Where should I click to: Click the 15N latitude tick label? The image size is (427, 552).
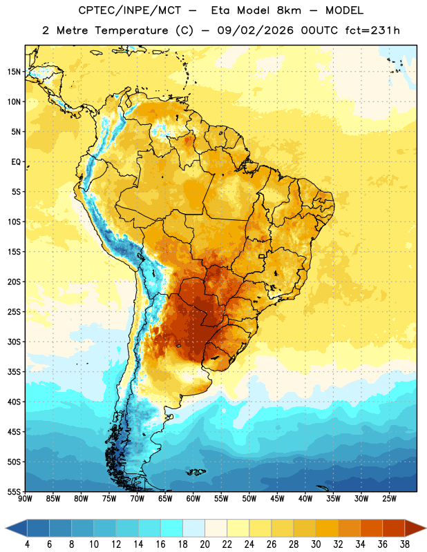pyautogui.click(x=14, y=72)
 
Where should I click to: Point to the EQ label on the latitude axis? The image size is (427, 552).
pyautogui.click(x=16, y=162)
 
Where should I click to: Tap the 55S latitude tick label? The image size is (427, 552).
pyautogui.click(x=14, y=491)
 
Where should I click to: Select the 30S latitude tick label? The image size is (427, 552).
pyautogui.click(x=14, y=342)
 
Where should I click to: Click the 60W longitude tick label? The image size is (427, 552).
pyautogui.click(x=193, y=499)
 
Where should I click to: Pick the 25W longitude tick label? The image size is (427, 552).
pyautogui.click(x=389, y=499)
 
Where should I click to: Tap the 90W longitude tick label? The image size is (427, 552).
pyautogui.click(x=25, y=499)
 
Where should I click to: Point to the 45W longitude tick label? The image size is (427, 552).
pyautogui.click(x=278, y=499)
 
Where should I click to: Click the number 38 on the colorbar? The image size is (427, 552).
pyautogui.click(x=404, y=544)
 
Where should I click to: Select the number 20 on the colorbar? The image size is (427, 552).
pyautogui.click(x=205, y=544)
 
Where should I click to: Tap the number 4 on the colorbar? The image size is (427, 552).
pyautogui.click(x=27, y=544)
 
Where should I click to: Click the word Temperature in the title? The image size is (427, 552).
pyautogui.click(x=131, y=30)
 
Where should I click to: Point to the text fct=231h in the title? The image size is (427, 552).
pyautogui.click(x=372, y=30)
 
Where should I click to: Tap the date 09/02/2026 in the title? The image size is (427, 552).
pyautogui.click(x=256, y=30)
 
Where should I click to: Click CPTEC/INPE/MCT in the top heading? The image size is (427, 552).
pyautogui.click(x=130, y=10)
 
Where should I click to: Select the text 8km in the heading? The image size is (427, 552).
pyautogui.click(x=289, y=10)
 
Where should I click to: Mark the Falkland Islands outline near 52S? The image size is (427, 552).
pyautogui.click(x=196, y=472)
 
